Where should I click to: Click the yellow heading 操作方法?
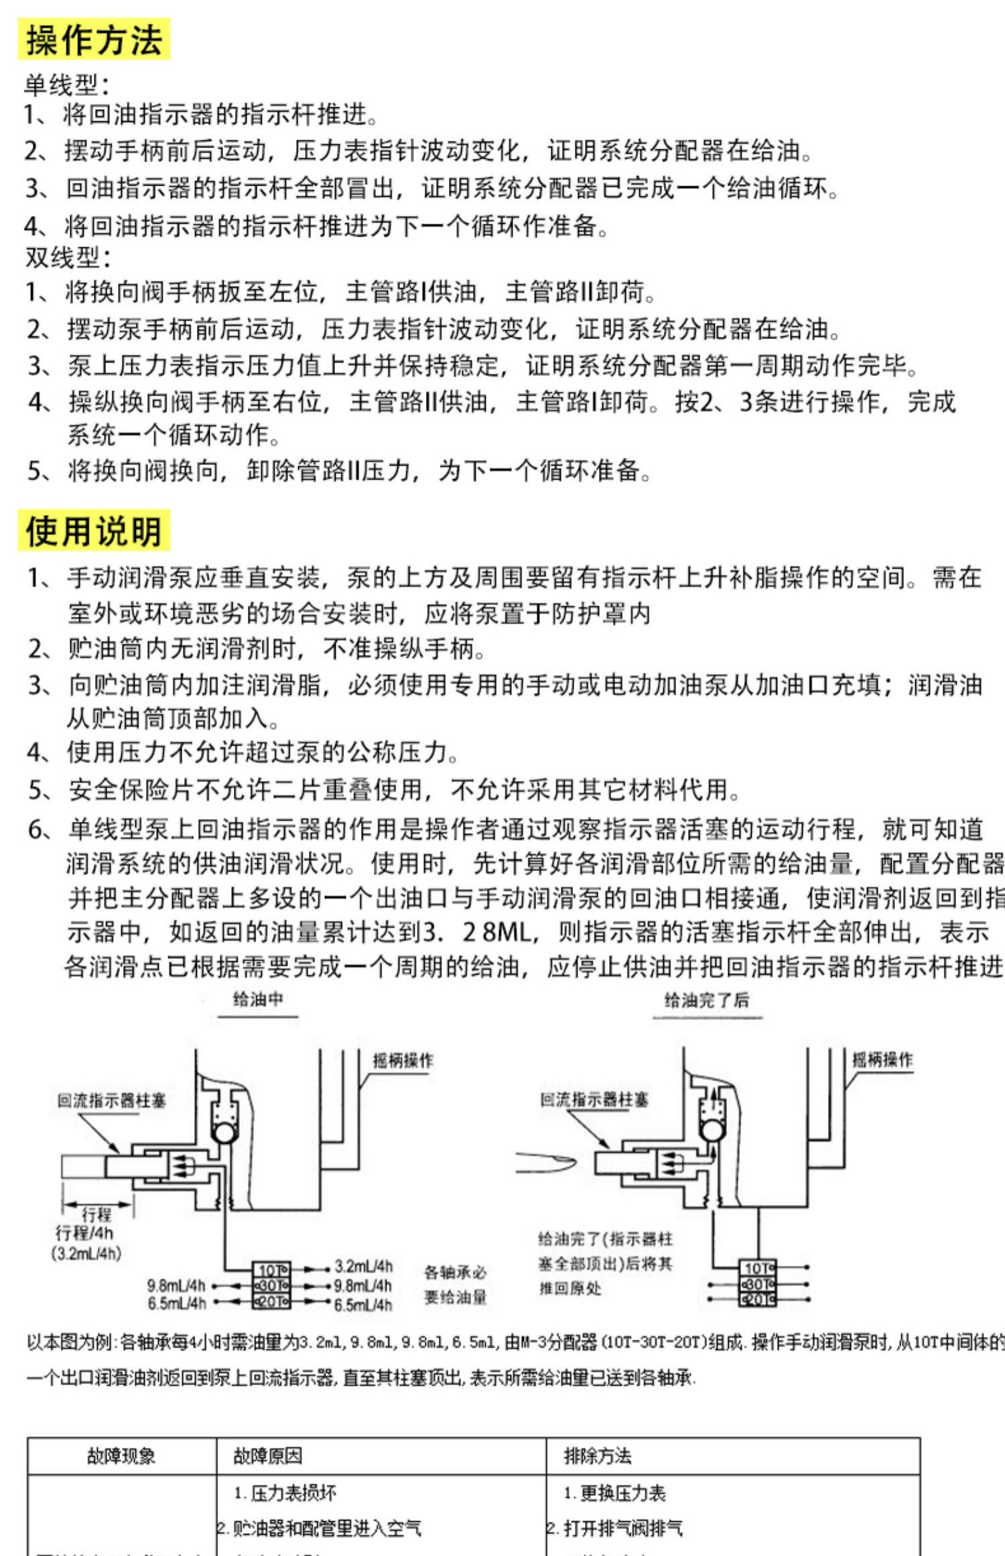pyautogui.click(x=94, y=40)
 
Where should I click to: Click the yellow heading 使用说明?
pyautogui.click(x=94, y=531)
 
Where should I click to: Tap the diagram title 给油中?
pyautogui.click(x=258, y=1000)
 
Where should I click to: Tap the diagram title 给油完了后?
pyautogui.click(x=707, y=1000)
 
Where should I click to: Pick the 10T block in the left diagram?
pyautogui.click(x=271, y=1269)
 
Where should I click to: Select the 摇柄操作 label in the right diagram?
pyautogui.click(x=882, y=1059)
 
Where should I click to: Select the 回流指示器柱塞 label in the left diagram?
pyautogui.click(x=111, y=1100)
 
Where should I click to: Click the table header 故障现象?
pyautogui.click(x=121, y=1455)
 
